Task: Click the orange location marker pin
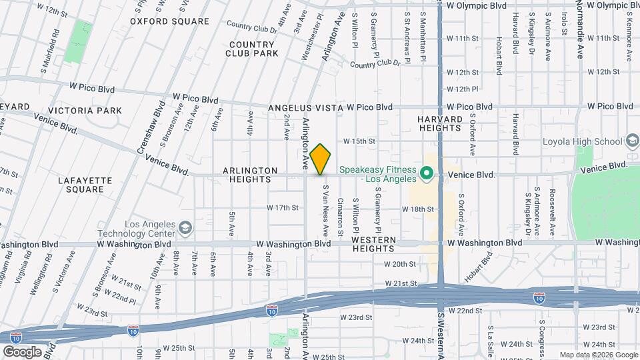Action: point(321,159)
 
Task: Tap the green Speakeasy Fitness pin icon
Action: point(427,175)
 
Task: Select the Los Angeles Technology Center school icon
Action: point(184,229)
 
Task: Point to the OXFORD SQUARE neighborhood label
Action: point(169,21)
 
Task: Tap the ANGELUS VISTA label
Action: point(304,108)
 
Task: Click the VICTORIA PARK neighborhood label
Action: point(89,111)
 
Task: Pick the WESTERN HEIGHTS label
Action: point(373,244)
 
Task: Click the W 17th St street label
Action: point(282,208)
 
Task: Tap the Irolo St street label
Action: point(564,23)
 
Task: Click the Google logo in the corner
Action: point(22,351)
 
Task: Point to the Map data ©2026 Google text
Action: point(597,355)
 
